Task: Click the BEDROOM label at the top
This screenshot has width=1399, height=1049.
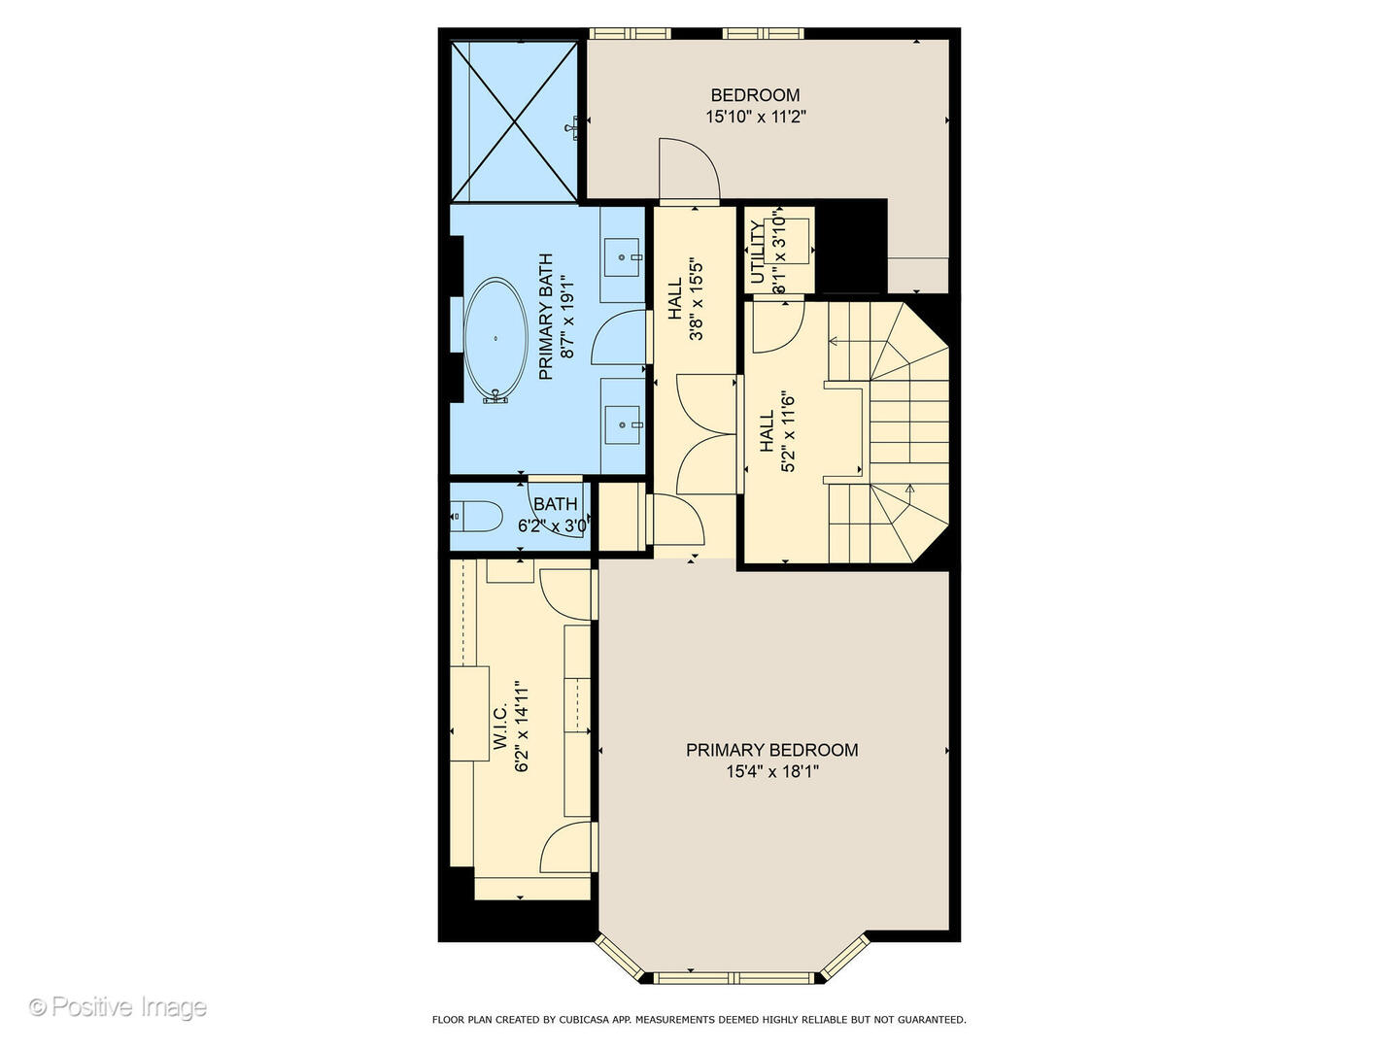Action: [755, 95]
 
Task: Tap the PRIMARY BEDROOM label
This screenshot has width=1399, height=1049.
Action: [771, 750]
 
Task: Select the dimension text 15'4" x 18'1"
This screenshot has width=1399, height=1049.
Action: [771, 772]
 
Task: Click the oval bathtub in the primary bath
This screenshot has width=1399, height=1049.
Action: [496, 339]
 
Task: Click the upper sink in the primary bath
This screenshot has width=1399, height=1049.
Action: [622, 256]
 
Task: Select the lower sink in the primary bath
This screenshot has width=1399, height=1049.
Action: [622, 423]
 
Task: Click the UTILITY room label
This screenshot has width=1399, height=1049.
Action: [758, 252]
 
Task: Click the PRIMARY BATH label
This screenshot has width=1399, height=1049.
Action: [545, 317]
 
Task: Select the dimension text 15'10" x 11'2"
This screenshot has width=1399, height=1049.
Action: [756, 117]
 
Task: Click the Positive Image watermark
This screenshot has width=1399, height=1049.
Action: [118, 1006]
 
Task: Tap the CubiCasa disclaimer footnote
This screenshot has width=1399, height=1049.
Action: [699, 1020]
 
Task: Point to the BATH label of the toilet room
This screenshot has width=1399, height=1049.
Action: [555, 504]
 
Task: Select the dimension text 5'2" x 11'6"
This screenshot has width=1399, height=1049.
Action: [789, 431]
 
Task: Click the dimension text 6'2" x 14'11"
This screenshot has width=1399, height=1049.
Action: [522, 727]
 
